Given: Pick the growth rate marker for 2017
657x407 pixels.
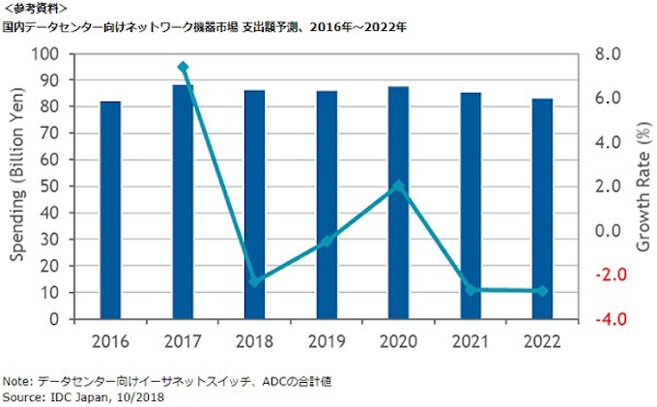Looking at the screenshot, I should pos(183,68).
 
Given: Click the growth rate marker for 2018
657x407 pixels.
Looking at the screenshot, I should pos(255,282).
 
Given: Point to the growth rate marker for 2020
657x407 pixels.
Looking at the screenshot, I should pos(398,186).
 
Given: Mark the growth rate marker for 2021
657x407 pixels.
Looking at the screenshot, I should pos(471,290).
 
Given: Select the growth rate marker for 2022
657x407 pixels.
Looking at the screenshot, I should pos(542,291).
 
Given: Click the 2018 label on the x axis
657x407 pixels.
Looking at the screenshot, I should pos(255,339).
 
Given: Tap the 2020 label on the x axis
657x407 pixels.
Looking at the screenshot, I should pos(398,339).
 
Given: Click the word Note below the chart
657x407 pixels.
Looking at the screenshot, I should pos(16,382).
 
